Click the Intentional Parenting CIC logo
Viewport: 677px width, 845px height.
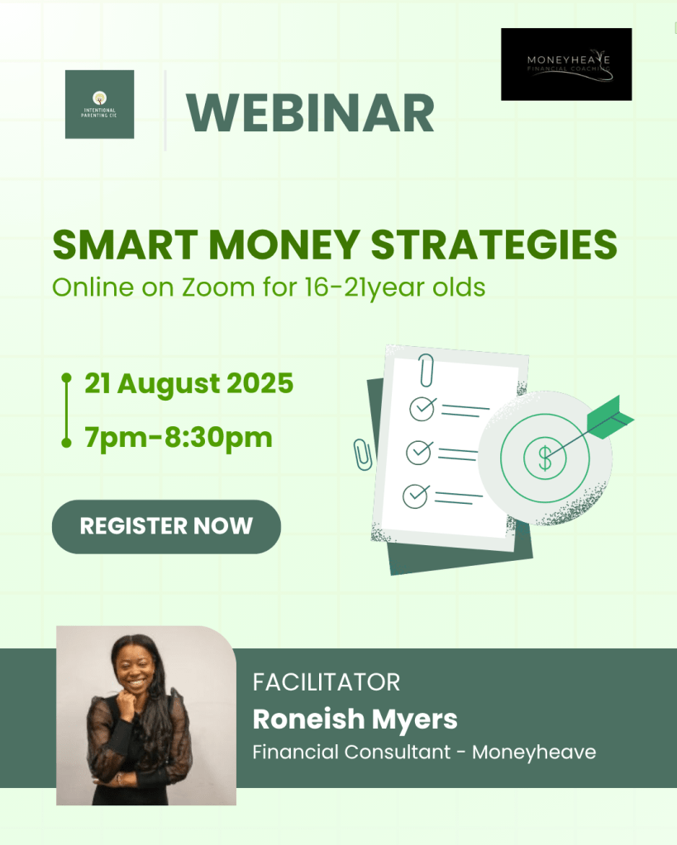tap(99, 104)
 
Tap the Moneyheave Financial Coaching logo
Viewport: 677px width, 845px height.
tap(566, 64)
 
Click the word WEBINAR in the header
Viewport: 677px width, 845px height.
tap(310, 113)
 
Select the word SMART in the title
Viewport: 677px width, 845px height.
tap(125, 245)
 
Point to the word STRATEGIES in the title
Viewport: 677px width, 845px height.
tap(494, 245)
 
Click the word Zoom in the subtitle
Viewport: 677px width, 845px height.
tap(218, 287)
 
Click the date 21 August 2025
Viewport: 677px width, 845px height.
tap(188, 384)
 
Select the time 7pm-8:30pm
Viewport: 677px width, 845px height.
tap(179, 437)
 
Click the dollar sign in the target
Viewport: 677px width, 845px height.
tap(545, 458)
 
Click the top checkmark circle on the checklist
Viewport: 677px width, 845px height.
tap(422, 409)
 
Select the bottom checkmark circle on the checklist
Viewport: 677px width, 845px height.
tap(416, 496)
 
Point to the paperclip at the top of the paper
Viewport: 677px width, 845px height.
tap(427, 370)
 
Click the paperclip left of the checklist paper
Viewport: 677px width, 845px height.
tap(363, 454)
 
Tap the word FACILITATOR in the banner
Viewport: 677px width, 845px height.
tap(327, 682)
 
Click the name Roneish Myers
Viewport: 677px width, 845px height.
tap(355, 719)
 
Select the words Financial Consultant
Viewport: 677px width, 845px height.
tap(351, 752)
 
